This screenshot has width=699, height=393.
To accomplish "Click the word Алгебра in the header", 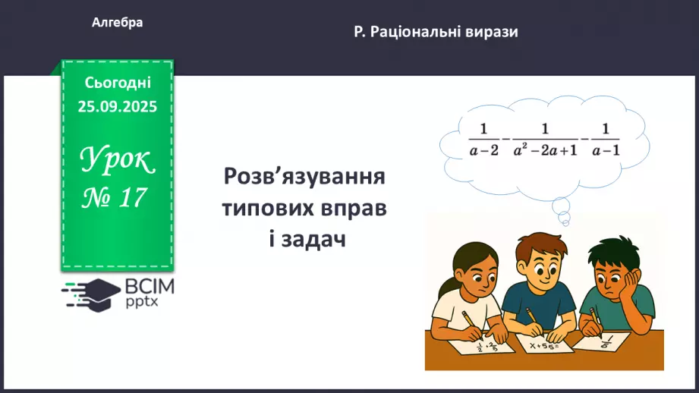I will click(x=117, y=23).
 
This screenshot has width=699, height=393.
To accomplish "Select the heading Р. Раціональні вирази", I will click(x=436, y=33).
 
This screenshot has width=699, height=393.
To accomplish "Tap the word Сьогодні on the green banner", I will click(x=117, y=83).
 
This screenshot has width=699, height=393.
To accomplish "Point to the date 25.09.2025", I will click(x=117, y=107).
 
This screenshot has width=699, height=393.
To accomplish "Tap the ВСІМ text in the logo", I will click(x=150, y=287).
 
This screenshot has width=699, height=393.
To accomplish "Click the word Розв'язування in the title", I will click(x=304, y=178).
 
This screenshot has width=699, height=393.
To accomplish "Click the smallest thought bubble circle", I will click(x=565, y=220).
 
